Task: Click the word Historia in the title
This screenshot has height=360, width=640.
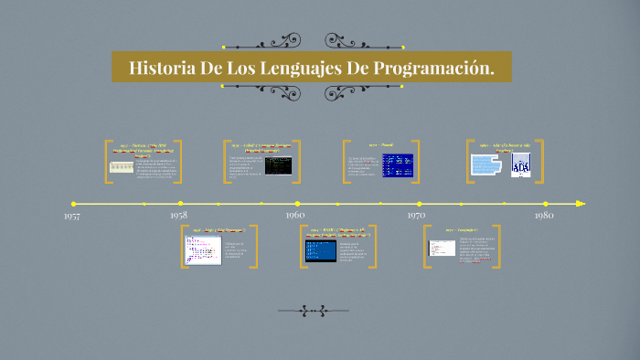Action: [161, 69]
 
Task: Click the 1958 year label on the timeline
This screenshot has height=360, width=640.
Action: [179, 215]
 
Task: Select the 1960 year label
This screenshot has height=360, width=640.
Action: [294, 215]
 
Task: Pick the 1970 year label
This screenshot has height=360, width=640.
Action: [417, 215]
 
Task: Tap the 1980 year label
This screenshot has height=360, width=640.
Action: [544, 215]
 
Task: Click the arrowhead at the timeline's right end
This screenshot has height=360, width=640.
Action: [580, 204]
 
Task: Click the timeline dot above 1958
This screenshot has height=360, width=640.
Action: [180, 204]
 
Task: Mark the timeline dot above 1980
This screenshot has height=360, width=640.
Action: [546, 204]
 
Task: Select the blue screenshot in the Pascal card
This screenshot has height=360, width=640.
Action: [397, 165]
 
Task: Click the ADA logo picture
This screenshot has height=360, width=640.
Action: [520, 164]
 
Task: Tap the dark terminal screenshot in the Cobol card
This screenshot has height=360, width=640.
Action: [278, 165]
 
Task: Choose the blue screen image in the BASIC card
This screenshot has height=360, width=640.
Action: [320, 249]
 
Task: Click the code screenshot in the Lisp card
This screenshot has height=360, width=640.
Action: [203, 249]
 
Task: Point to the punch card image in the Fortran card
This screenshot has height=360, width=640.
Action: [122, 167]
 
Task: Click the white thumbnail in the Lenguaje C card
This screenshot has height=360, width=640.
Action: [443, 249]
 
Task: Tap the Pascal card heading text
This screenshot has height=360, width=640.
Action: [379, 144]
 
